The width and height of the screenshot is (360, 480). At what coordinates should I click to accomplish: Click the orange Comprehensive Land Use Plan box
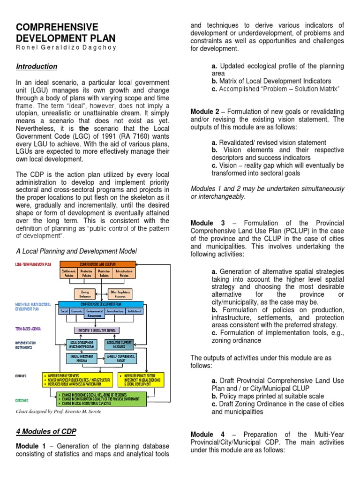pyautogui.click(x=97, y=264)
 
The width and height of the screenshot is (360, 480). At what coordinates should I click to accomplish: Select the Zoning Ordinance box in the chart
pyautogui.click(x=85, y=294)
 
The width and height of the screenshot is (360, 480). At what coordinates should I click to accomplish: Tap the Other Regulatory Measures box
pyautogui.click(x=120, y=294)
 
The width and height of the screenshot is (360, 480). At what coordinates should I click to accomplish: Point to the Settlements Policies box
pyautogui.click(x=68, y=273)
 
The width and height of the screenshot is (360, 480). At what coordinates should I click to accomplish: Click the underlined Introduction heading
pyautogui.click(x=37, y=67)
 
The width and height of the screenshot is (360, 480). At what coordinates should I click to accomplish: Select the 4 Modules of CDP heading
pyautogui.click(x=46, y=431)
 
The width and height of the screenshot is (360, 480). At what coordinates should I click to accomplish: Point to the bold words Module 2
pyautogui.click(x=205, y=112)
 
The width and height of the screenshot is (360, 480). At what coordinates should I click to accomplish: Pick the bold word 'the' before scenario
pyautogui.click(x=84, y=128)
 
